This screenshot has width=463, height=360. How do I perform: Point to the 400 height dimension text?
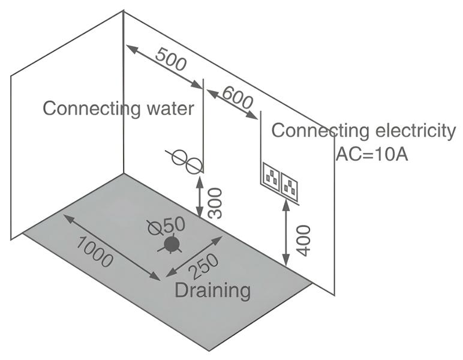coord(303,240)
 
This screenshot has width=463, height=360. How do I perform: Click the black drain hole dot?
coord(172,244)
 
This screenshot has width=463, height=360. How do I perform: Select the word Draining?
coord(212,290)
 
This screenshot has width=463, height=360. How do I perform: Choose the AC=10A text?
coord(372,154)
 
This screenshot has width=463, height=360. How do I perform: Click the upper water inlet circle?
coord(179,158)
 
